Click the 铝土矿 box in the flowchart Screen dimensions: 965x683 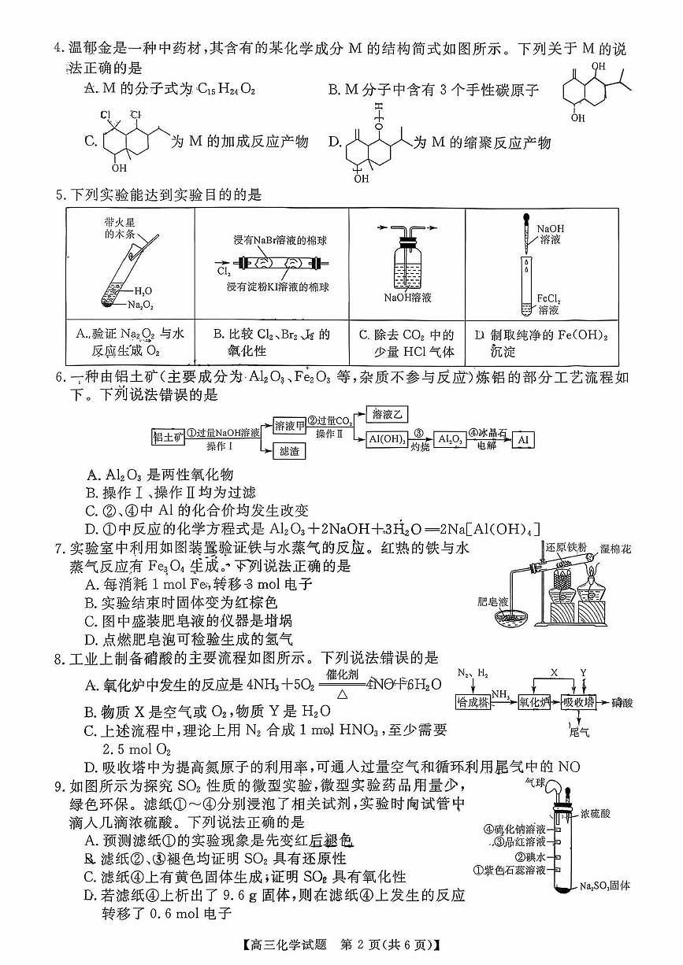coord(167,436)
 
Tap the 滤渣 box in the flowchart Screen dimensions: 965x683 coord(289,452)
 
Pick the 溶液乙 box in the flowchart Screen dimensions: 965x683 coord(388,414)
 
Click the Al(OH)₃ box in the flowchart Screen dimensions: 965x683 coord(388,440)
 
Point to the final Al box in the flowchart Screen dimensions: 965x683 coord(522,440)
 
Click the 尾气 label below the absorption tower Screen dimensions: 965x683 coord(580,732)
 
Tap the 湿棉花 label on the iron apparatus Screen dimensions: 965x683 coord(615,548)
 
